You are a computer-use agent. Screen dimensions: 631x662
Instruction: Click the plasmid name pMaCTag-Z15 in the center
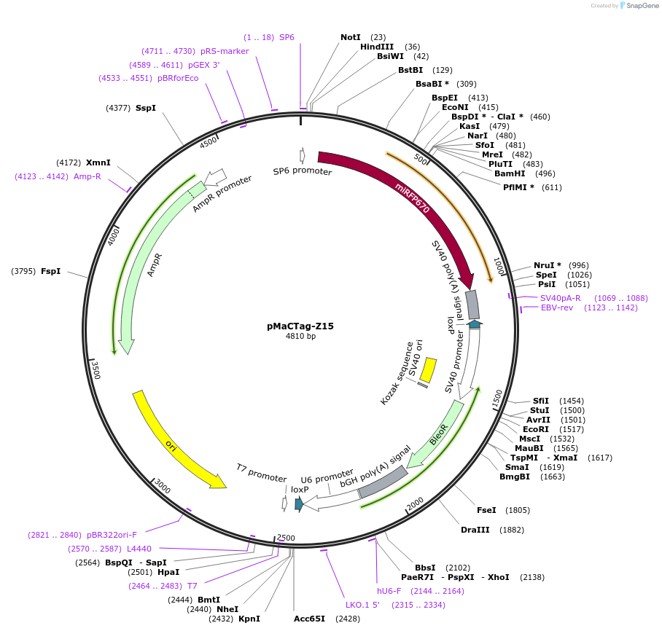pos(300,326)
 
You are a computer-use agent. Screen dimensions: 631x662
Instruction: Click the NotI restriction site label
pos(351,37)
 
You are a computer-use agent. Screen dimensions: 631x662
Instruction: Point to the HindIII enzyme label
pos(377,47)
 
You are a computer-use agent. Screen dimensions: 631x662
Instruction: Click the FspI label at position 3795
pos(50,271)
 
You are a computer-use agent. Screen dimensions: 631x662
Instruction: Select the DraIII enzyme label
pos(475,530)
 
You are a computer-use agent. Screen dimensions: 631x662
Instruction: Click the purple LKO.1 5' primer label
pos(362,605)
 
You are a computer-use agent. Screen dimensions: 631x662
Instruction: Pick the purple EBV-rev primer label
pos(557,307)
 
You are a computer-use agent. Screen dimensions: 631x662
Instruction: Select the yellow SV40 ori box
pos(429,368)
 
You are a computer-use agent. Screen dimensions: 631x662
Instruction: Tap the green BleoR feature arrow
pos(437,436)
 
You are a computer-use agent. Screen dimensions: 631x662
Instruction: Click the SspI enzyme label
pos(146,108)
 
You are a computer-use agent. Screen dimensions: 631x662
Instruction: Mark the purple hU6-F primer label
pos(389,591)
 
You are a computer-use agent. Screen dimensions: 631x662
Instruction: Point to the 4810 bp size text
pos(300,337)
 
